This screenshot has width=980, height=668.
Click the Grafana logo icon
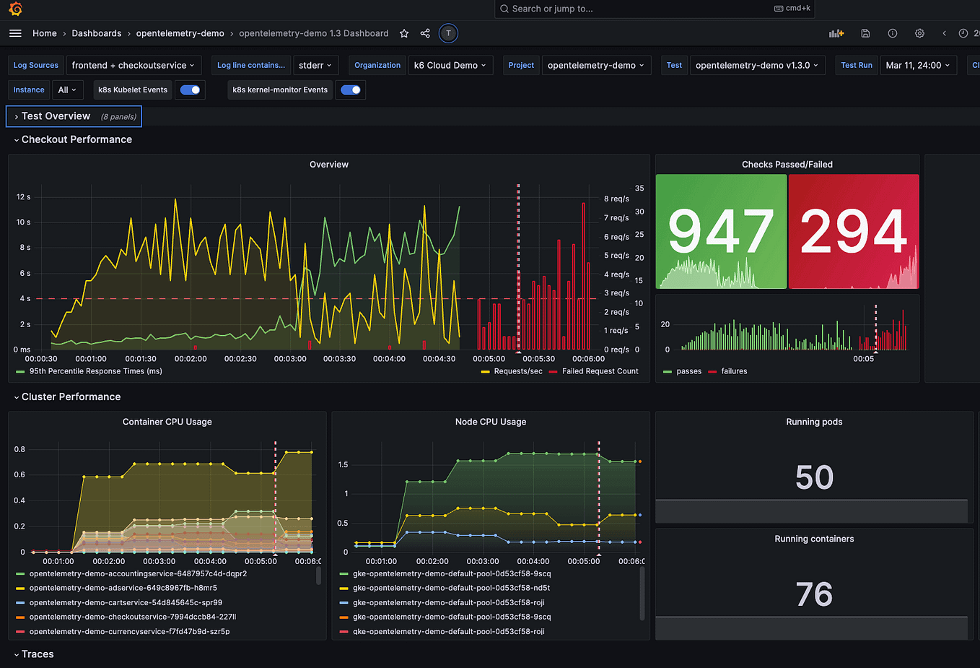(x=15, y=9)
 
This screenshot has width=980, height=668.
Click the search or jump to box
(x=653, y=9)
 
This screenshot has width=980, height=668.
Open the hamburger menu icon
(x=15, y=33)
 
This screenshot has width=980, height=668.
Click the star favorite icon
(x=404, y=33)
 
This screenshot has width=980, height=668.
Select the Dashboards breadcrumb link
(x=96, y=33)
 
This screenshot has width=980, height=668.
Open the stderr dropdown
(x=315, y=65)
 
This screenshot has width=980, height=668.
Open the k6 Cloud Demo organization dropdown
(x=450, y=65)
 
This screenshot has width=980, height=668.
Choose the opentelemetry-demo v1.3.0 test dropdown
(x=756, y=65)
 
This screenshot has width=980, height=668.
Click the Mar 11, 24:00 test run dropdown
(x=917, y=65)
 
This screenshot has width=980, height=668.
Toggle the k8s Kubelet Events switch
(x=191, y=90)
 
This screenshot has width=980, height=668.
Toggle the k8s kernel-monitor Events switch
(x=351, y=90)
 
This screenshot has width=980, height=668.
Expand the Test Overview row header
(x=56, y=116)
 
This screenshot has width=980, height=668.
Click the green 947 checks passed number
(x=720, y=231)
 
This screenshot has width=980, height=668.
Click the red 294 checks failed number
(x=853, y=231)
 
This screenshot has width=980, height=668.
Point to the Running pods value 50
(x=814, y=477)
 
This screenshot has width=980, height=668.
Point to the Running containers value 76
(x=814, y=594)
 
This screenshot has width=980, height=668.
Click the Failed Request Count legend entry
(x=600, y=371)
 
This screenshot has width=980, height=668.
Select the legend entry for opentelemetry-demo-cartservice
(x=126, y=602)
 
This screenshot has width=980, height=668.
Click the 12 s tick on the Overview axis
(x=24, y=197)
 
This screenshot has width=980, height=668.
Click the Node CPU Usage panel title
(x=490, y=422)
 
